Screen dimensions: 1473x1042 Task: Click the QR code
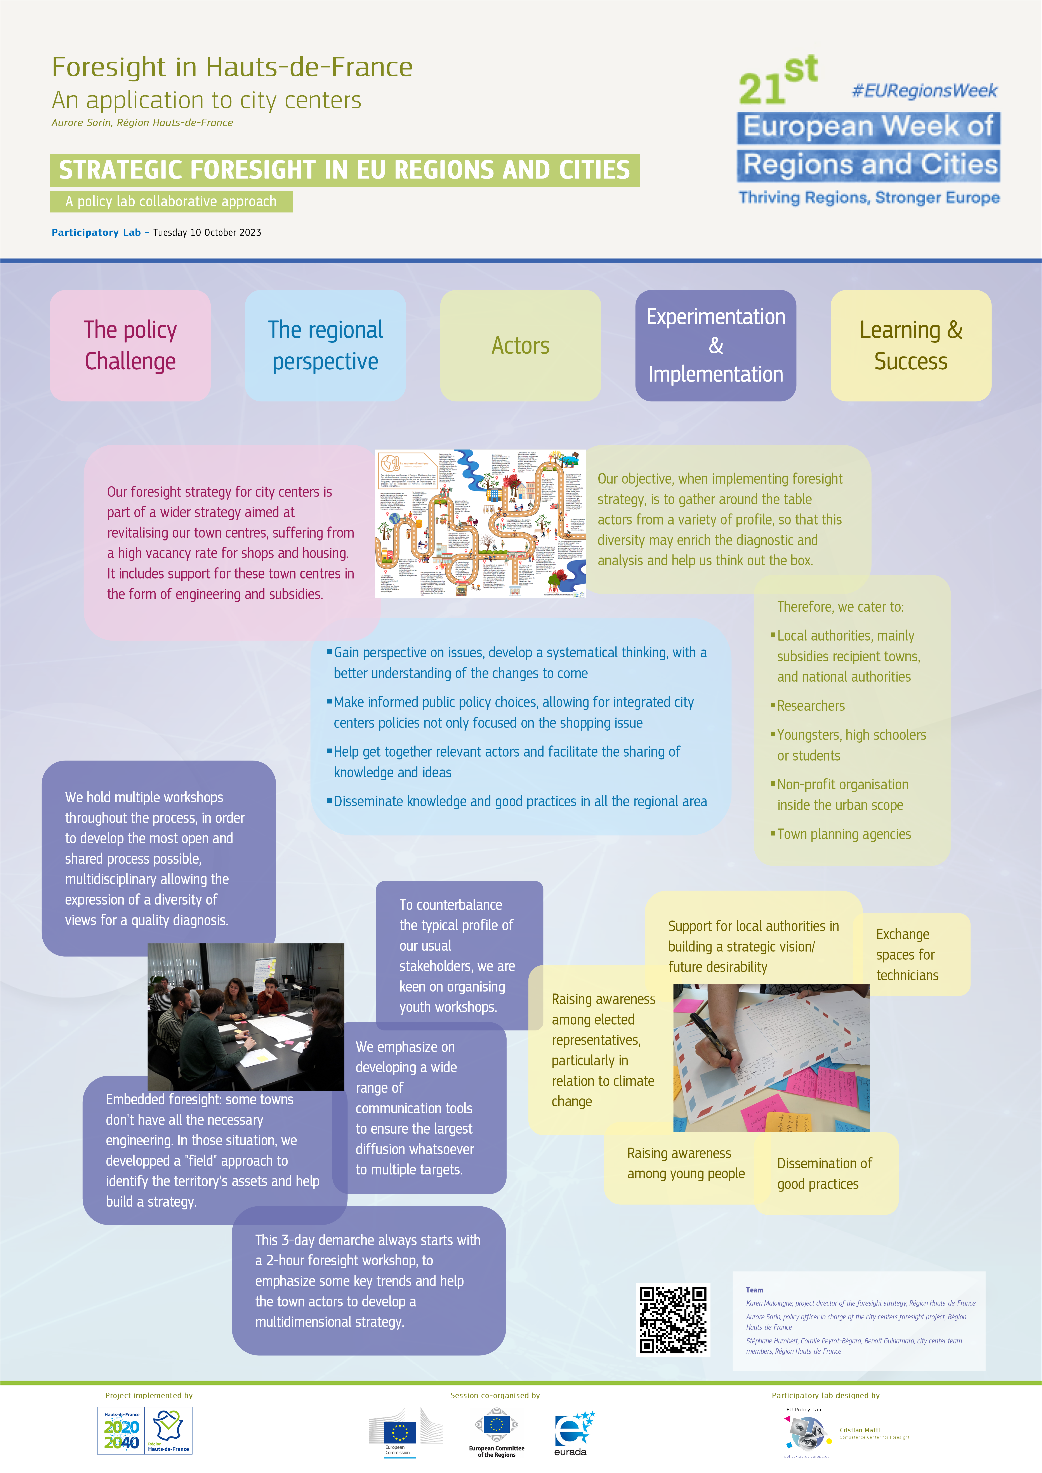(673, 1320)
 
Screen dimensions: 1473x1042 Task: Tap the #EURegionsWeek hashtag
(924, 90)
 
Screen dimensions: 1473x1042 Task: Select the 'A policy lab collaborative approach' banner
(171, 201)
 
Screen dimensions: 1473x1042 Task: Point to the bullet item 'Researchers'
(811, 706)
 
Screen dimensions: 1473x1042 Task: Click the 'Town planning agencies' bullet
(844, 834)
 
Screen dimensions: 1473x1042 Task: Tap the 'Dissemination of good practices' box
(825, 1173)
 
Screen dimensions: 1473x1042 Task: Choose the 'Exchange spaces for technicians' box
(907, 955)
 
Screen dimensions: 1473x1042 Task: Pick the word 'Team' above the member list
(755, 1289)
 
